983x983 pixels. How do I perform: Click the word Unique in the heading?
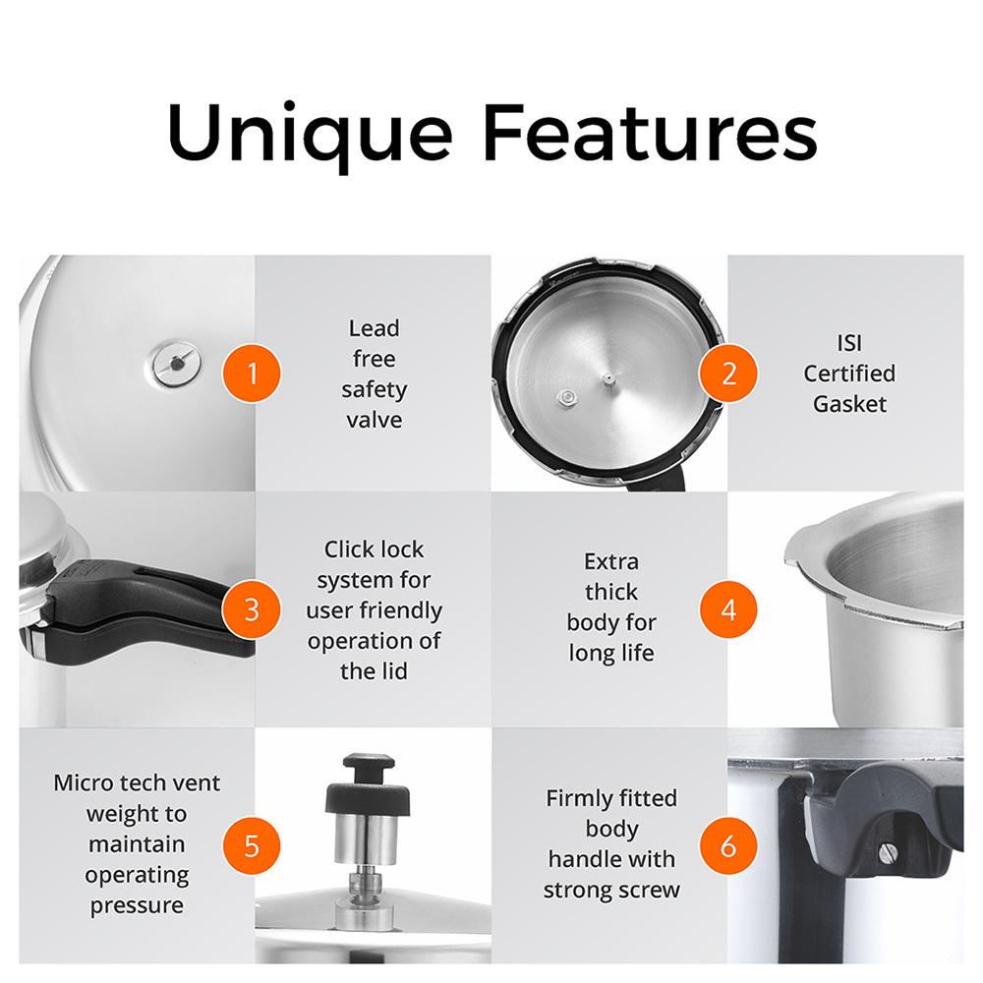tap(310, 134)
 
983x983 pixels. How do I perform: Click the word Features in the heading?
tap(650, 132)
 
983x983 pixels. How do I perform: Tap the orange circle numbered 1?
tap(252, 373)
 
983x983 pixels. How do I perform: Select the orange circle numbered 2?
tap(727, 373)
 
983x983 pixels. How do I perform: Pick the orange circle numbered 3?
tap(252, 609)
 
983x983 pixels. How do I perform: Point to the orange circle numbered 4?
tap(727, 609)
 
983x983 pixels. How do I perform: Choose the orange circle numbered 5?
tap(252, 845)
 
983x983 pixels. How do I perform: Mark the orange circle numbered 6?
tap(727, 845)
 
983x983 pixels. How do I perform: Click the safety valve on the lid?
tap(177, 363)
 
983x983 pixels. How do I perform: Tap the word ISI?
tap(849, 343)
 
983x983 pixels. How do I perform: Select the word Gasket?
tap(849, 404)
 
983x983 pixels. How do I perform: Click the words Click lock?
tap(374, 549)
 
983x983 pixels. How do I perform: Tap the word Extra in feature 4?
tap(611, 561)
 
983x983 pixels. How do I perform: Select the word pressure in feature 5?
tap(137, 906)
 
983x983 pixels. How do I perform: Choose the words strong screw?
tap(611, 891)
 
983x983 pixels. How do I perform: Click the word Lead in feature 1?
tap(374, 328)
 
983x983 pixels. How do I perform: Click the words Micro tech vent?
tap(137, 783)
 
